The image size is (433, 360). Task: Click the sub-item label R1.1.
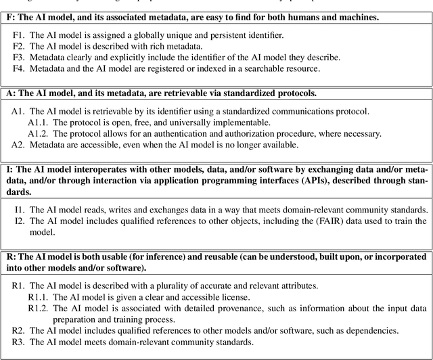tap(39, 296)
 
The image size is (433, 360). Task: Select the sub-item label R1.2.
tap(39, 308)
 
